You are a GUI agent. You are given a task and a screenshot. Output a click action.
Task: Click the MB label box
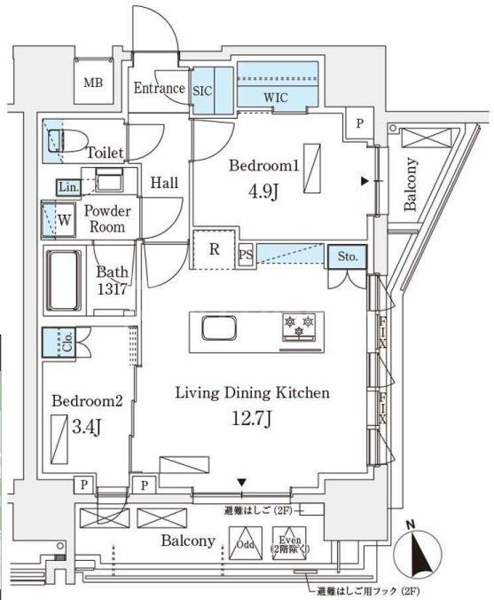tap(91, 83)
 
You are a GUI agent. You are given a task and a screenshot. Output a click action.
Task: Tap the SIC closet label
tap(201, 89)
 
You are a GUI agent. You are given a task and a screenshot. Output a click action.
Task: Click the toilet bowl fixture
tap(65, 142)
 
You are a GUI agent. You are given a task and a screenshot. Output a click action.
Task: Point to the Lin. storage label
tap(68, 188)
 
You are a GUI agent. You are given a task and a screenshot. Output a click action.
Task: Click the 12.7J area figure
tap(253, 420)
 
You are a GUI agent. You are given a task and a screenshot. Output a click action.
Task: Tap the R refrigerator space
tap(214, 249)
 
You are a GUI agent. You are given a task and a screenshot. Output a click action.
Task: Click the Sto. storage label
tap(348, 257)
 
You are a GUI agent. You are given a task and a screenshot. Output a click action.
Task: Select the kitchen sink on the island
tap(218, 329)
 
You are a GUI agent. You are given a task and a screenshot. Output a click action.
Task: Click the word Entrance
tap(160, 88)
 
